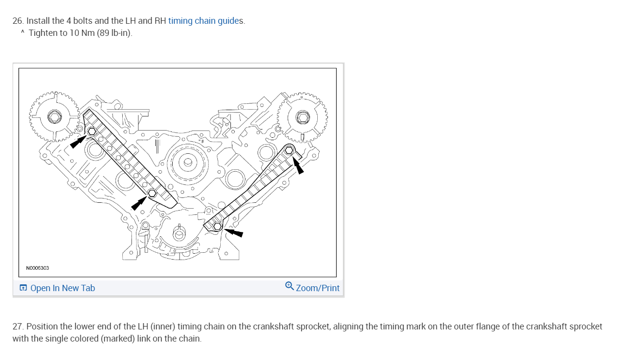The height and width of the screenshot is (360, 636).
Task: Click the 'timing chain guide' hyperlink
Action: [204, 21]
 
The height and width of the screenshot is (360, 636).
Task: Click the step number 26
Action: [17, 21]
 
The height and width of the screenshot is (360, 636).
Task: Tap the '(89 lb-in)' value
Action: [114, 33]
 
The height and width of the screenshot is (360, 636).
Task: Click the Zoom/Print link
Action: [318, 288]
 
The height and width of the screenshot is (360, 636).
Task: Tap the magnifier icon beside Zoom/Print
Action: [289, 286]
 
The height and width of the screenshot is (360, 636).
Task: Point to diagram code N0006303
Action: [37, 268]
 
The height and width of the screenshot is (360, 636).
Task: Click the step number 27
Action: [18, 327]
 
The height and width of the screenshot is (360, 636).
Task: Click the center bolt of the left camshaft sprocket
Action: [54, 117]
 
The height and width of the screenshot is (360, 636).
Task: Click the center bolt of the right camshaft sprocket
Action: [302, 117]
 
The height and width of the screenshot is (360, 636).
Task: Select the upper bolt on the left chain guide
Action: [92, 131]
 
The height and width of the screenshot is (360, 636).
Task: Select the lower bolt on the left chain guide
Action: [152, 193]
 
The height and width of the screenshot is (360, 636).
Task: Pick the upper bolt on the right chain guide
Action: [289, 149]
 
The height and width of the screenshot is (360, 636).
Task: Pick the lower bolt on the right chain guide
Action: [217, 226]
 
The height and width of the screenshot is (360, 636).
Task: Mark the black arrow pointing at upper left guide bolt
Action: [78, 142]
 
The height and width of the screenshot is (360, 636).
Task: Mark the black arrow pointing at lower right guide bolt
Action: [234, 233]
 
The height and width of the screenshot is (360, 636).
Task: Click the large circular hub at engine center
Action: [187, 163]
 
